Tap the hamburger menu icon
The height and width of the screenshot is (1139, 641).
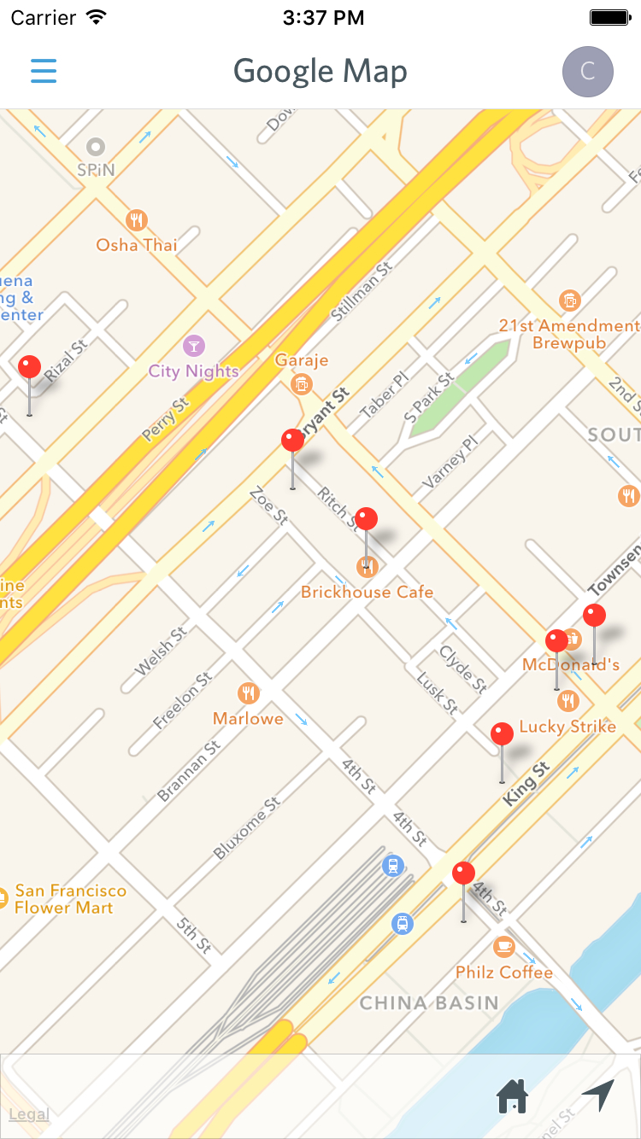pos(44,71)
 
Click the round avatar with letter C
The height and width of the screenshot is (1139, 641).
pos(587,72)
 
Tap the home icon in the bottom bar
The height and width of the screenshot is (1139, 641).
pos(512,1096)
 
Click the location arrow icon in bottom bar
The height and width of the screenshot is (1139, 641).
pos(598,1095)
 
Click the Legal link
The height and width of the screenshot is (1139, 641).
pos(28,1114)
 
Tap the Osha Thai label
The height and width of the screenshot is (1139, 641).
pos(137,246)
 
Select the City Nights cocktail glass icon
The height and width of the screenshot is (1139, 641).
pos(194,347)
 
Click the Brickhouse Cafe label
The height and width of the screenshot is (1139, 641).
pos(368,592)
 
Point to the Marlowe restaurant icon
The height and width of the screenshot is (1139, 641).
pos(249,692)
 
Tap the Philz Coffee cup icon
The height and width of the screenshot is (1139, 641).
pos(504,946)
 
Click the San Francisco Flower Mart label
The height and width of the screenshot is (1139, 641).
pos(70,899)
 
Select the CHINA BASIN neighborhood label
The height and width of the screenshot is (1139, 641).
pos(429,1002)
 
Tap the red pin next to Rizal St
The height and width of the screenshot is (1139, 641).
pos(30,368)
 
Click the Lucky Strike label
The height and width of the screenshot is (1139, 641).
pos(567,727)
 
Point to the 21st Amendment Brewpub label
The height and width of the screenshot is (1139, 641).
pos(569,334)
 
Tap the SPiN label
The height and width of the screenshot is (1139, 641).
pos(96,170)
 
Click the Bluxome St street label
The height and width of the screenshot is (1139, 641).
pos(247,827)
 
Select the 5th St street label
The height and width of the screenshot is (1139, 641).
pos(194,936)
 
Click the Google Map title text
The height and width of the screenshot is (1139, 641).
pos(320,72)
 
